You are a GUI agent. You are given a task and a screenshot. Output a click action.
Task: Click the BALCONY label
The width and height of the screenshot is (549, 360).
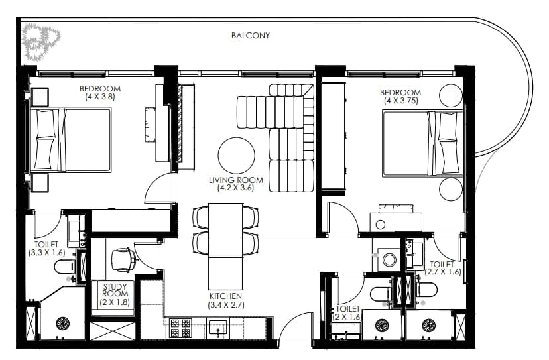[x=251, y=35]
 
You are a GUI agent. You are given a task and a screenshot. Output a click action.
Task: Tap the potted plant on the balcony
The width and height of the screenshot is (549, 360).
[x=40, y=41]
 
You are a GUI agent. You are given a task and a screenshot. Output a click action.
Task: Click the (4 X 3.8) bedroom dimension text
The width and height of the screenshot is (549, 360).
[x=100, y=97]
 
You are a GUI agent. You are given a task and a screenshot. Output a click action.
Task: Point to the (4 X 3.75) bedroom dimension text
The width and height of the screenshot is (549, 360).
[x=401, y=101]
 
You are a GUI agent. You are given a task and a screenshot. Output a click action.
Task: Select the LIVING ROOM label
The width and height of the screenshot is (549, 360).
[x=235, y=180]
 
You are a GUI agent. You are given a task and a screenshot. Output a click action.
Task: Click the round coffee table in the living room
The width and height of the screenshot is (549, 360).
[x=236, y=156]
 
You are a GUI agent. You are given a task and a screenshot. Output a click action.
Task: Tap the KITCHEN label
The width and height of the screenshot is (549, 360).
[x=226, y=296]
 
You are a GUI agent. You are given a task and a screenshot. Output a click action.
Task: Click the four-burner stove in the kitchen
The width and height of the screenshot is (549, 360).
[x=180, y=328]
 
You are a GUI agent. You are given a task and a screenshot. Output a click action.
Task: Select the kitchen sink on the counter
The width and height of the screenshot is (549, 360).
[x=217, y=329]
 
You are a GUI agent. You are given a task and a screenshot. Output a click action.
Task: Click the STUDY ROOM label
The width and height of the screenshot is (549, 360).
[x=115, y=290]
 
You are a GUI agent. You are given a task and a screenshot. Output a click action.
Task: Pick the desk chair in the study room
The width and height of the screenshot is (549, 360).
[x=123, y=260]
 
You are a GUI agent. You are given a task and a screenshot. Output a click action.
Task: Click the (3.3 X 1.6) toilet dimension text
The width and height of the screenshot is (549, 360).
[x=47, y=253]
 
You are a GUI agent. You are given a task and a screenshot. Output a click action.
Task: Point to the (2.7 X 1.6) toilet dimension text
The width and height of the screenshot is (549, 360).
[x=443, y=272]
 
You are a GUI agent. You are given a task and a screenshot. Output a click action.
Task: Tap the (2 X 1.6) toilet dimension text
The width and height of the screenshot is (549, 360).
[x=346, y=317]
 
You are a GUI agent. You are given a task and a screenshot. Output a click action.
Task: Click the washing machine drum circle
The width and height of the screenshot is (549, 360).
[x=389, y=259]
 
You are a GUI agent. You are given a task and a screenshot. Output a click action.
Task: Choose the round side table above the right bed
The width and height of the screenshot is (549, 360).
[x=451, y=95]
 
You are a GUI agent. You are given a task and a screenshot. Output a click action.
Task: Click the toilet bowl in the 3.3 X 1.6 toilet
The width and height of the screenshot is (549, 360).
[x=64, y=267]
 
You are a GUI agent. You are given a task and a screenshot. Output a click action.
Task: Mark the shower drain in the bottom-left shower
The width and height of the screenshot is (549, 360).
[x=63, y=323]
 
